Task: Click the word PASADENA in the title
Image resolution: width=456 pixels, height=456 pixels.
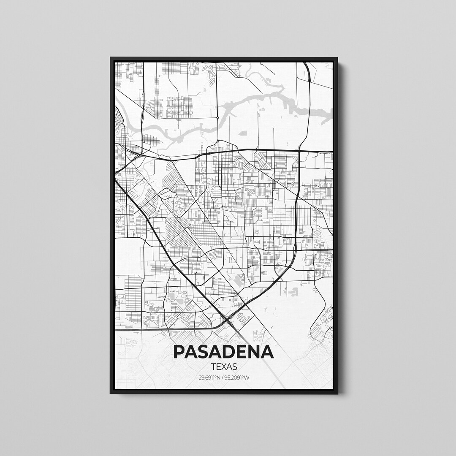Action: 223,352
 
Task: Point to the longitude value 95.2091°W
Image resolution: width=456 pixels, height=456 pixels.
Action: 237,377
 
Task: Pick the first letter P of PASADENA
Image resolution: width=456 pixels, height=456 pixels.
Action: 179,352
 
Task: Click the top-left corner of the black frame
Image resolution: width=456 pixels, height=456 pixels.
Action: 111,58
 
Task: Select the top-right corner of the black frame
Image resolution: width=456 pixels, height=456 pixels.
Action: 337,58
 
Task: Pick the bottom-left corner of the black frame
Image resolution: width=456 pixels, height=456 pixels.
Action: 111,394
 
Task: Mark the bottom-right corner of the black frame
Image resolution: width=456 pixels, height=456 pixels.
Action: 337,394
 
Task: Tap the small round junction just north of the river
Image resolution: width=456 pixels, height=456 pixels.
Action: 217,119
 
